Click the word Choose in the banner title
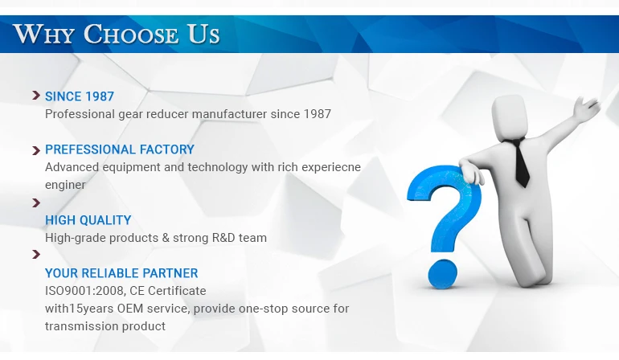point(131,34)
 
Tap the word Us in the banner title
point(203,34)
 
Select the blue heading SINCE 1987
point(80,96)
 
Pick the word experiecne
point(331,167)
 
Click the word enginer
point(65,185)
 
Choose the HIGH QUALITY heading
point(88,220)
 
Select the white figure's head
point(510,117)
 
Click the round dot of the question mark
point(443,273)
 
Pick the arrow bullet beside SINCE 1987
point(36,95)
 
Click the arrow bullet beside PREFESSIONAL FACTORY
point(36,150)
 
